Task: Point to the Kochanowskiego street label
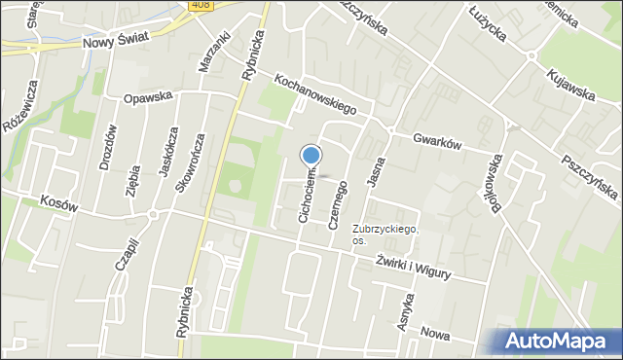coord(315,95)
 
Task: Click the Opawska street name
coord(147,97)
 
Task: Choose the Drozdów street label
coord(108,147)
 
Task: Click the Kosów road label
coord(59,199)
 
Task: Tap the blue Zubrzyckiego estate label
coord(385,228)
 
